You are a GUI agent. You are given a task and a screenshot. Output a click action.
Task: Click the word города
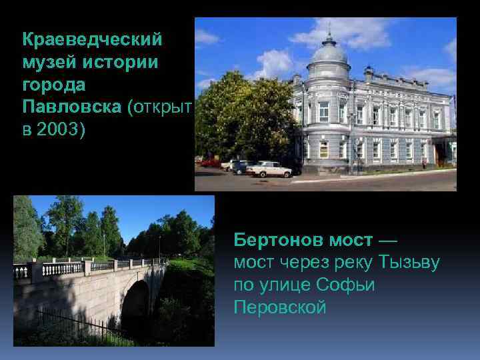pyautogui.click(x=53, y=85)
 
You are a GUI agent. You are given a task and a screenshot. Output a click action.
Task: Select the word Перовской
pyautogui.click(x=280, y=307)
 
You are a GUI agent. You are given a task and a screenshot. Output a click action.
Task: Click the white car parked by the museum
pyautogui.click(x=269, y=169)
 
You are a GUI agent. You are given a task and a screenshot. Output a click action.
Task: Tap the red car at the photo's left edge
pyautogui.click(x=209, y=162)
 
